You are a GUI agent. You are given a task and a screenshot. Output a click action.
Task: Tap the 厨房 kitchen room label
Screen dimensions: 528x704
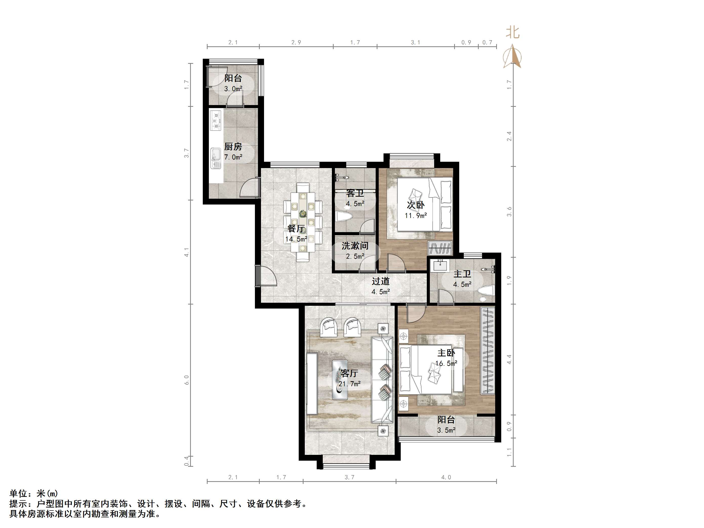[x=233, y=147]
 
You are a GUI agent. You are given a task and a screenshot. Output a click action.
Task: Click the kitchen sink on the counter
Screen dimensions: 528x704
[x=216, y=158]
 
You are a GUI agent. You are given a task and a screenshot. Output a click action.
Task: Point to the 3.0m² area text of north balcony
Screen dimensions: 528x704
[x=233, y=89]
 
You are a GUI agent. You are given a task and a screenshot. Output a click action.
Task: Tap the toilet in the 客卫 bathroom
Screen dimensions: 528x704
[x=344, y=217]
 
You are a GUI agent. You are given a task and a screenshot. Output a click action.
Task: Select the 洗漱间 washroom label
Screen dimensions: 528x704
[x=355, y=246]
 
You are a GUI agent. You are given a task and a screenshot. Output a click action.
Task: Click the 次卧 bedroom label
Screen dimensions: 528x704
[x=416, y=205]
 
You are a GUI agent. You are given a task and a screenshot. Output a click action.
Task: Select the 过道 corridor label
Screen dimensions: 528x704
[x=381, y=281]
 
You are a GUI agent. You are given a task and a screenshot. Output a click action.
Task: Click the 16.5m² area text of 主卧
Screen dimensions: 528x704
[x=446, y=363]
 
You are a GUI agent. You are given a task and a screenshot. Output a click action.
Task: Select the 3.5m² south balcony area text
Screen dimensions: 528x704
[x=446, y=430]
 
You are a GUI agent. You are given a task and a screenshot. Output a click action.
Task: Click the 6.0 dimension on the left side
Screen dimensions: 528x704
[x=187, y=380]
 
